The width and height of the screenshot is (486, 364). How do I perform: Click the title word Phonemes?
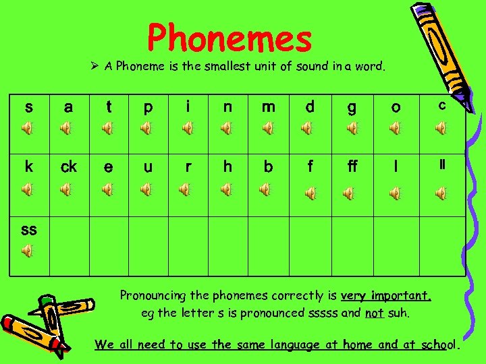(230, 38)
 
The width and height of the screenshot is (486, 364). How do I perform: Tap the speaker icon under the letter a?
(66, 127)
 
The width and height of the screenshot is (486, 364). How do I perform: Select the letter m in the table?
(269, 107)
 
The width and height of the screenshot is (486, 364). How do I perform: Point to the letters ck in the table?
(69, 167)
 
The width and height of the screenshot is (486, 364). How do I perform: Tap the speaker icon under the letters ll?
(441, 194)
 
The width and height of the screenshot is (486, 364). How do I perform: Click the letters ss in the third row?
(28, 229)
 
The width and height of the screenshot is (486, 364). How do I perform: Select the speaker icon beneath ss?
(27, 251)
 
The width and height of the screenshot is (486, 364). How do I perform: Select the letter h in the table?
(228, 166)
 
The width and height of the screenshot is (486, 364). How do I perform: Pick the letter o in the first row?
(396, 108)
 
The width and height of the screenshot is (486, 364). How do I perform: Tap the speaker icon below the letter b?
(268, 191)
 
